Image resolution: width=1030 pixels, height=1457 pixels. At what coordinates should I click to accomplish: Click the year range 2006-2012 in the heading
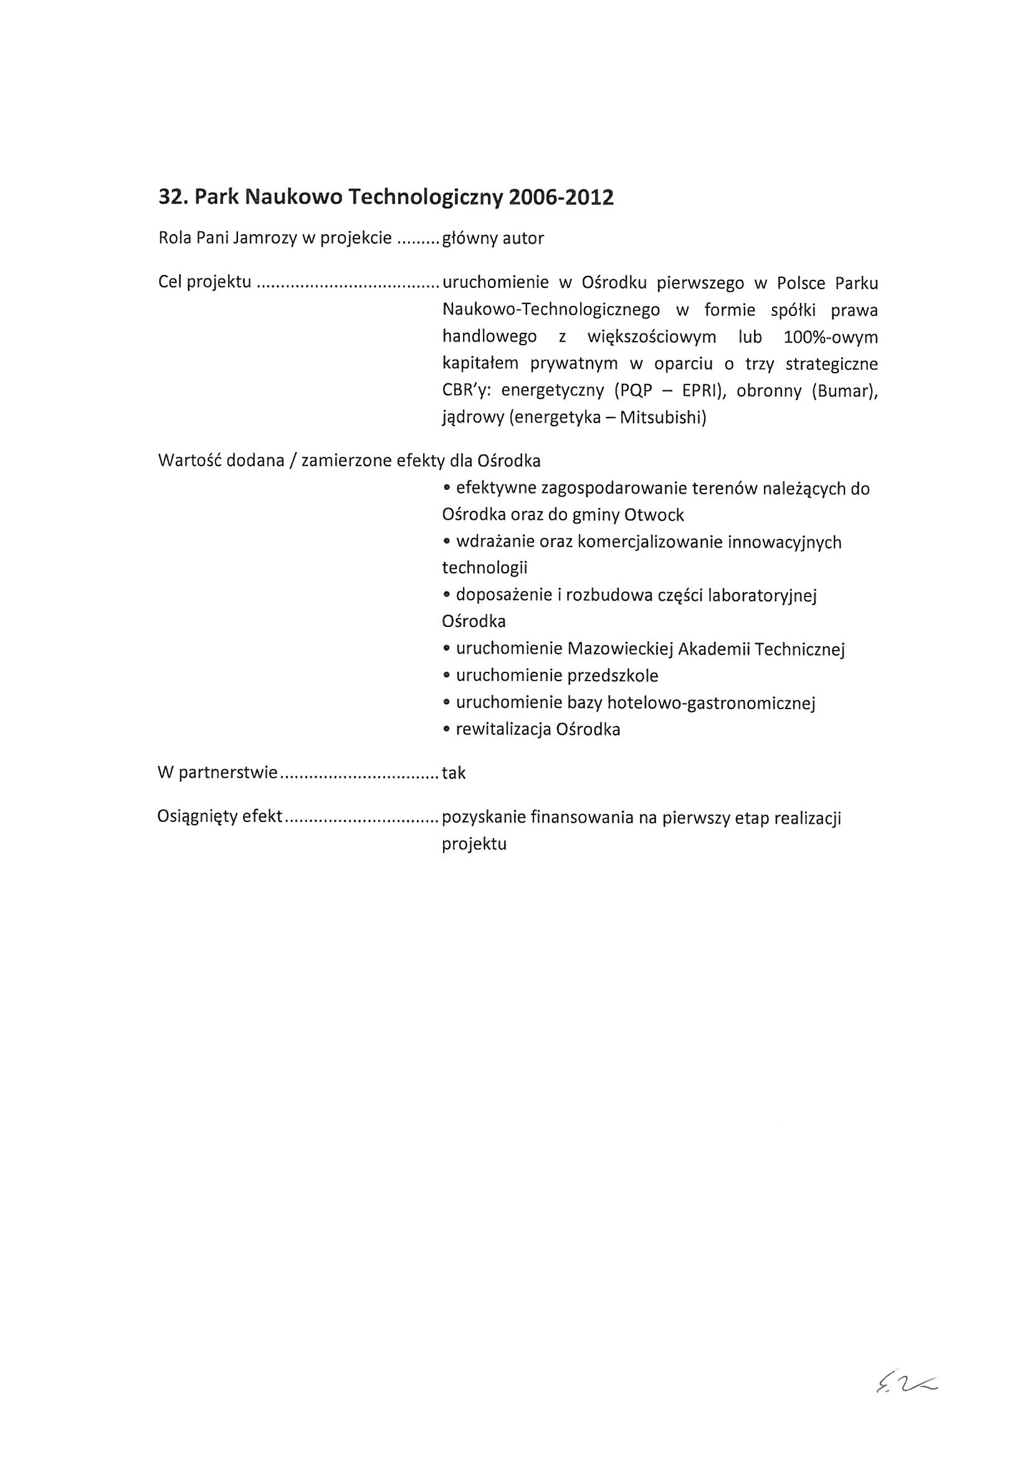pyautogui.click(x=561, y=198)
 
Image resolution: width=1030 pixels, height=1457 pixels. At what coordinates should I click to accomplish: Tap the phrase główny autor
pyautogui.click(x=492, y=239)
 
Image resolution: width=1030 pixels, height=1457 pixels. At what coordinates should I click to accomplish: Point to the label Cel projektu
pyautogui.click(x=204, y=282)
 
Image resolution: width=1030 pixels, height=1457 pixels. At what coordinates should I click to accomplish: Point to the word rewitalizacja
pyautogui.click(x=503, y=730)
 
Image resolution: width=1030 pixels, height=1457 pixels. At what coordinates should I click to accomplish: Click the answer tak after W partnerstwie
pyautogui.click(x=454, y=773)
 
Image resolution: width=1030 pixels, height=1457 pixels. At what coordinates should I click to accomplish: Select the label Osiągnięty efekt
pyautogui.click(x=219, y=817)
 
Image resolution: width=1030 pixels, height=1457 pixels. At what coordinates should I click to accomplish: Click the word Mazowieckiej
pyautogui.click(x=620, y=649)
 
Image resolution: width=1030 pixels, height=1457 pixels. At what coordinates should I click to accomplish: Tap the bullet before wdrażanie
pyautogui.click(x=447, y=543)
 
